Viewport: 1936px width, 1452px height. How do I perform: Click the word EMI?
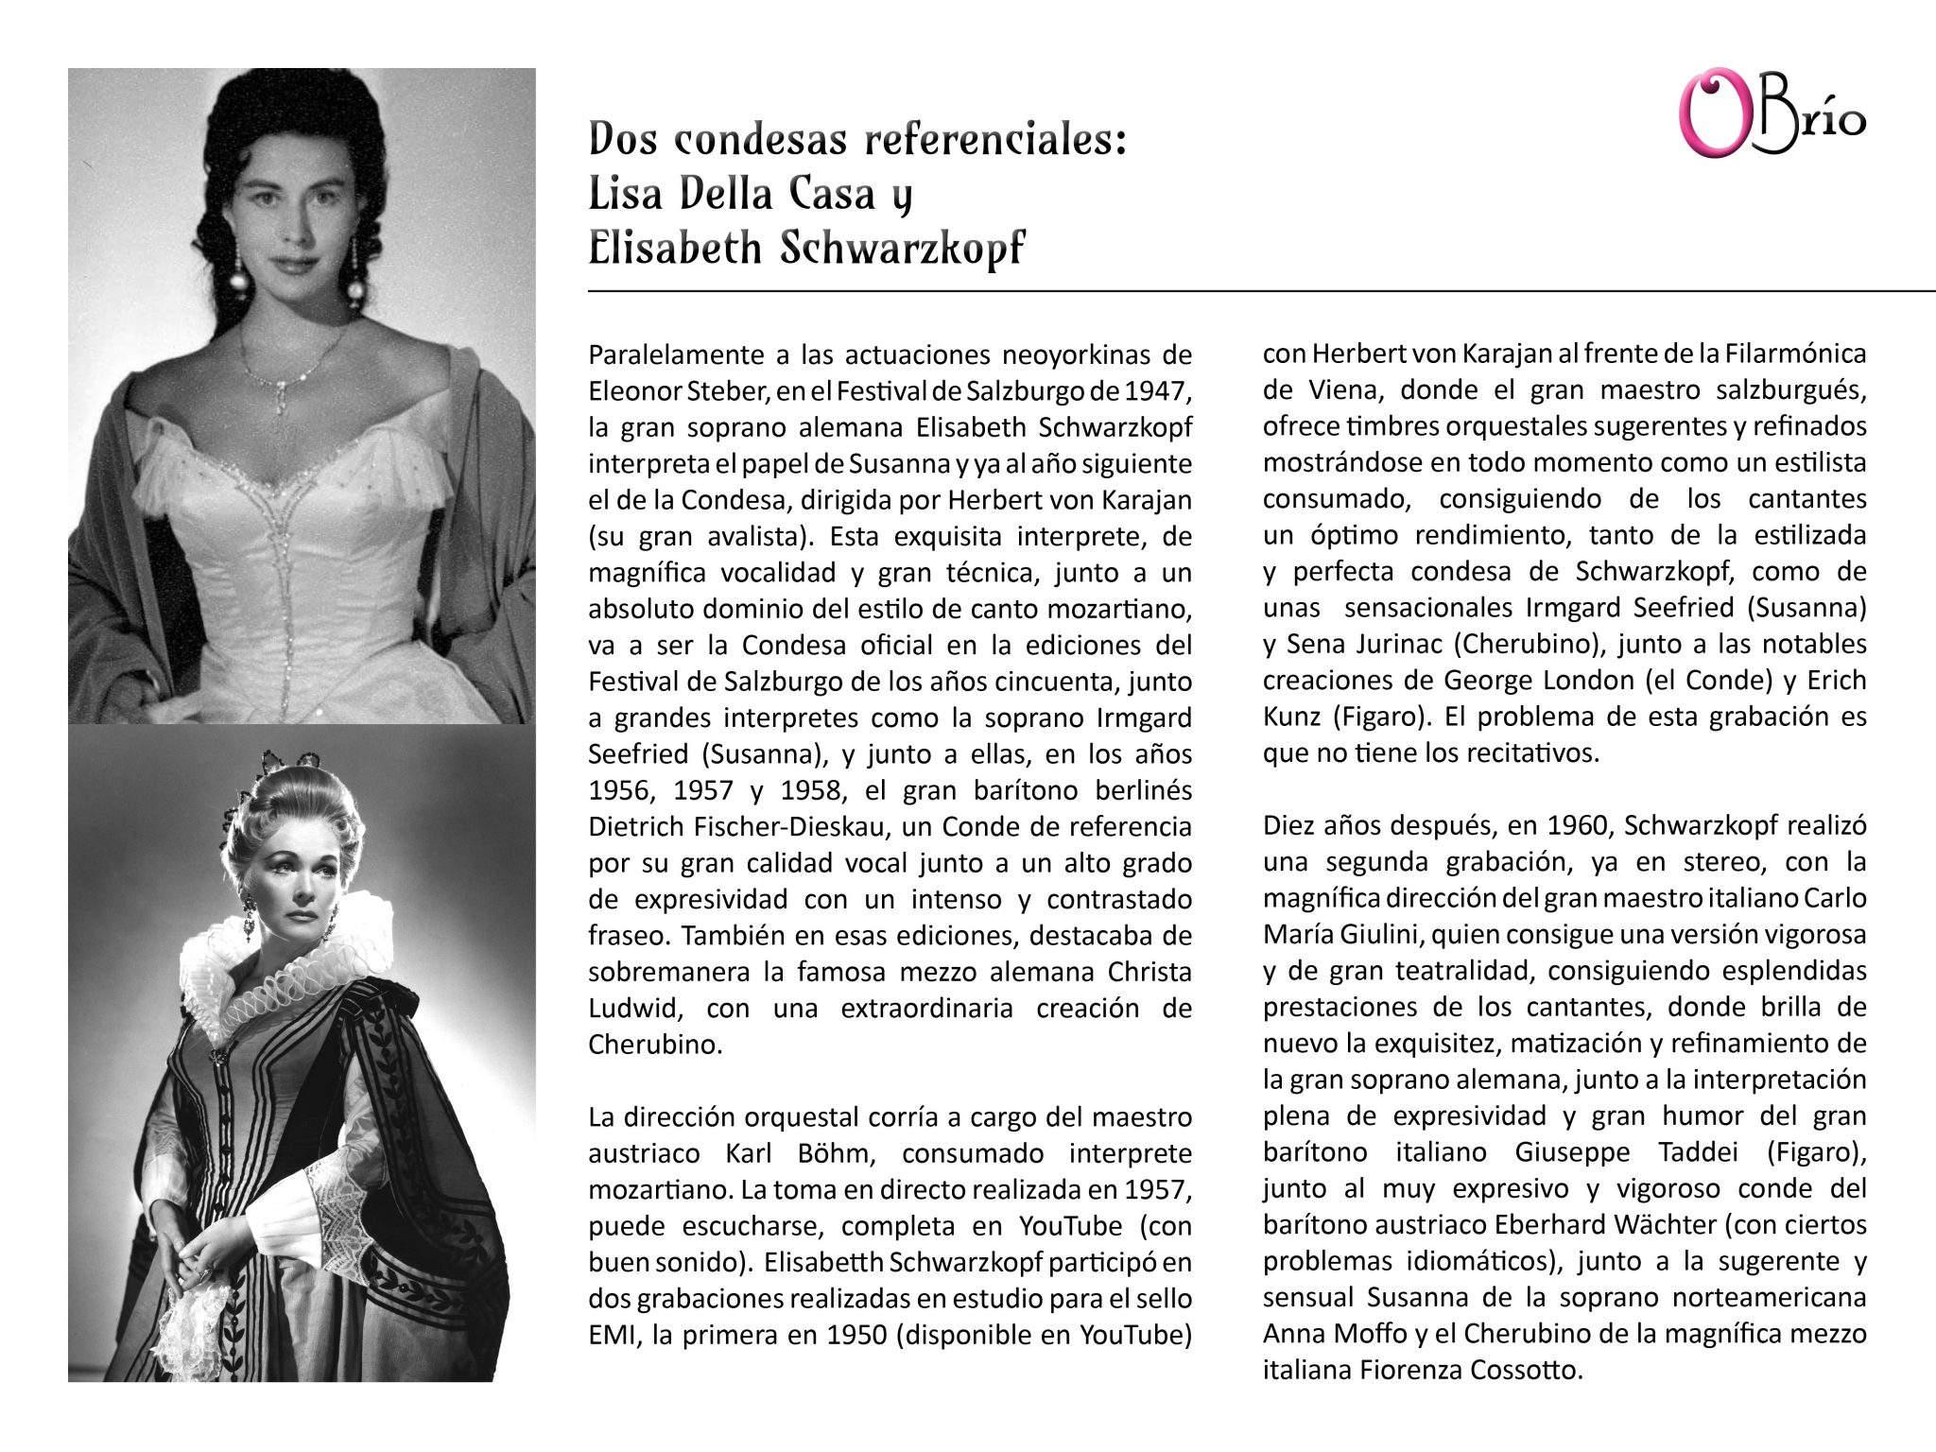[610, 1335]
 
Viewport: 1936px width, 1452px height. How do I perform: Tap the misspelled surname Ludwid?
[632, 1008]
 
